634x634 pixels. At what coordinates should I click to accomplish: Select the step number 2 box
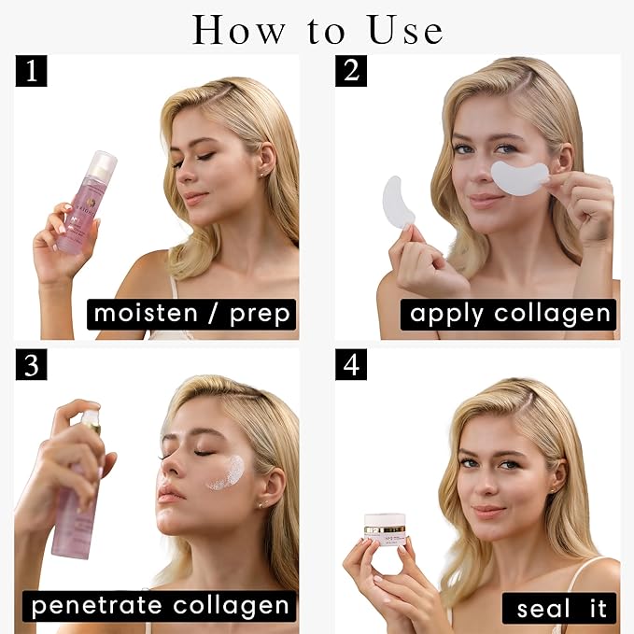(x=351, y=71)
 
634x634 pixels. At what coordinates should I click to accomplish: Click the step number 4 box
(x=351, y=364)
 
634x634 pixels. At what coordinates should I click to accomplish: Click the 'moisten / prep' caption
(x=191, y=314)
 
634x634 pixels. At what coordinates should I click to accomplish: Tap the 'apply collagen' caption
(x=509, y=314)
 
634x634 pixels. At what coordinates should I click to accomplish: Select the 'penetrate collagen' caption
(x=159, y=606)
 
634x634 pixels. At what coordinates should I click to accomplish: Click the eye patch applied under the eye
(x=520, y=176)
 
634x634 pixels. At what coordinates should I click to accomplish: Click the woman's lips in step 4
(x=488, y=512)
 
